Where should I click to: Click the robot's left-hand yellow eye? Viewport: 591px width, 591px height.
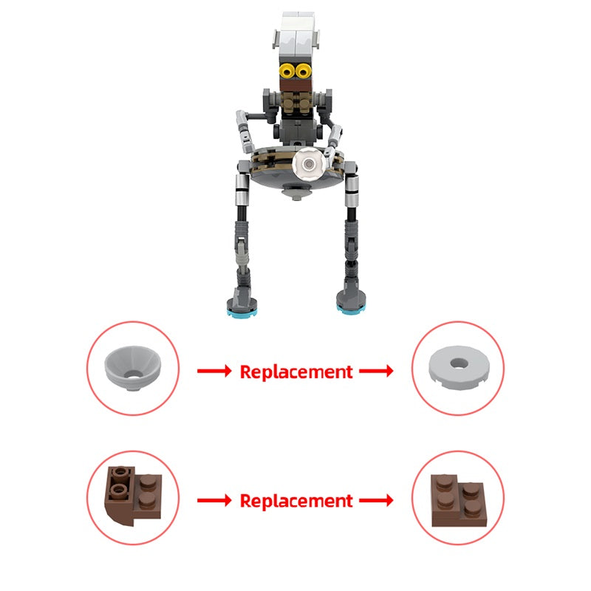pos(286,71)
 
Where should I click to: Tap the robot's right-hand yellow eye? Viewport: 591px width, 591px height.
pos(303,71)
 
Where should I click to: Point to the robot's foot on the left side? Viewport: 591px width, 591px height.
pos(241,303)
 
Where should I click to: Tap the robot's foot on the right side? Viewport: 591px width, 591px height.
pos(351,302)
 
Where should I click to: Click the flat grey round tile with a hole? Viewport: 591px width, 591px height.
pos(458,367)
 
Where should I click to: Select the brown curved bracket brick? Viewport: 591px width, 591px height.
pos(130,496)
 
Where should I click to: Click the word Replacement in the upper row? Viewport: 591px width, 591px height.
pos(296,372)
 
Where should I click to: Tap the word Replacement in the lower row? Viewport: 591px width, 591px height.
pos(296,501)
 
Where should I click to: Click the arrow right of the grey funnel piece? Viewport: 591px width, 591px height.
pos(213,372)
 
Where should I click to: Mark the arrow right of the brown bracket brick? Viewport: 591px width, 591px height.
pos(213,501)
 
